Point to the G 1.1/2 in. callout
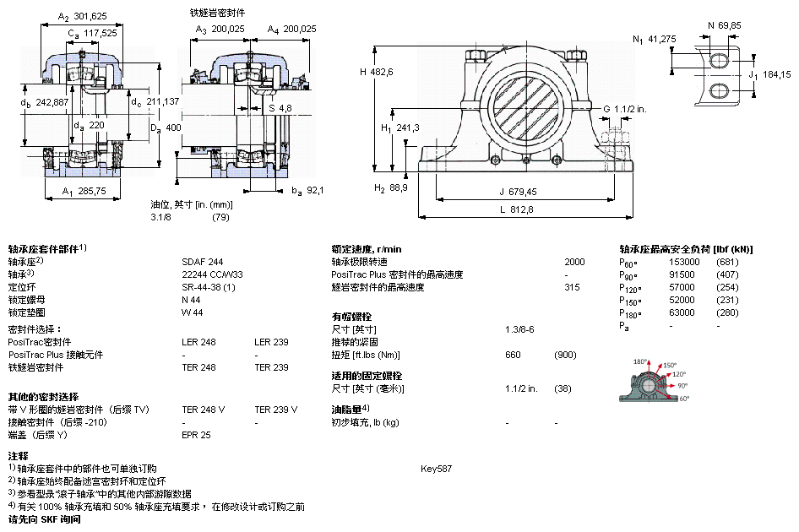point(624,108)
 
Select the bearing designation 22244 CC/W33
point(212,274)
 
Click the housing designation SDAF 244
point(203,262)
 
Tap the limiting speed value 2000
point(574,262)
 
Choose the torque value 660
point(513,355)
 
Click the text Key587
point(436,468)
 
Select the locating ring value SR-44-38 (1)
point(209,287)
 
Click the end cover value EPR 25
point(197,435)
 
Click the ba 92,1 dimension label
point(308,191)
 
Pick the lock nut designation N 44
point(191,300)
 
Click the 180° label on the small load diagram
point(639,361)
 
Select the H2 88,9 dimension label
point(393,187)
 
